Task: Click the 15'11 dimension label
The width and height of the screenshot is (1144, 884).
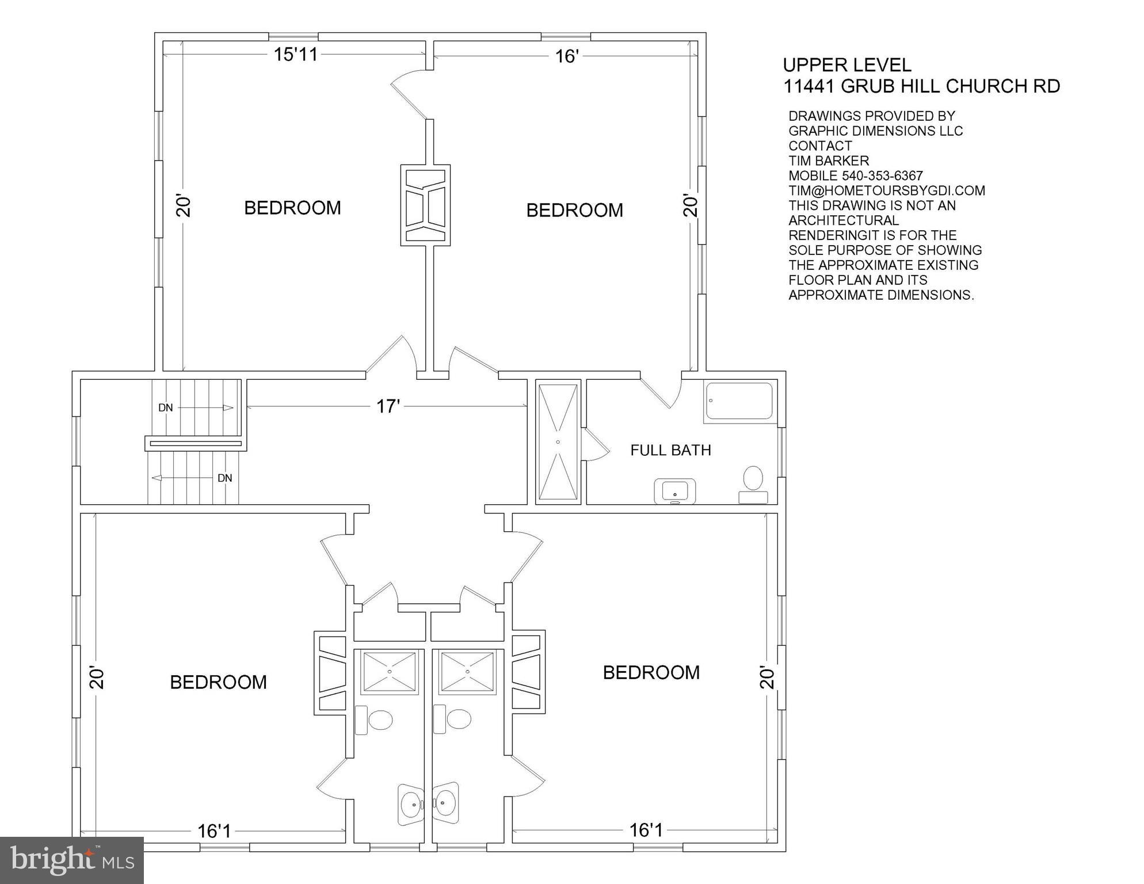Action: (x=296, y=55)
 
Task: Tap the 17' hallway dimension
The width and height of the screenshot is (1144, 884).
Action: (x=388, y=407)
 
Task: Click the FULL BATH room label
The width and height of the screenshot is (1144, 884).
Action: (x=670, y=450)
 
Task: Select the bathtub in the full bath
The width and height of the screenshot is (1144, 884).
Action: (x=739, y=401)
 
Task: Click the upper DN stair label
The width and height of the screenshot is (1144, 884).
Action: (x=166, y=408)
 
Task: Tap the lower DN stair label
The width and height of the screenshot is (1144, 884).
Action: (x=224, y=478)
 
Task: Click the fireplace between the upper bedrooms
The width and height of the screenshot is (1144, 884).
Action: (x=425, y=205)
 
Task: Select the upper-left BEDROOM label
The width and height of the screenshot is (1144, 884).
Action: (x=292, y=208)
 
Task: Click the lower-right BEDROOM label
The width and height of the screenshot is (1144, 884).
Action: (x=651, y=672)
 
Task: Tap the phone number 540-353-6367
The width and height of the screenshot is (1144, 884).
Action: (x=882, y=176)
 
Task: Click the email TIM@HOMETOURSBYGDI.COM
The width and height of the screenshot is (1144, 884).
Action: (x=886, y=190)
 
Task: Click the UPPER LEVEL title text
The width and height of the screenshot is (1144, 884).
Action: (x=847, y=64)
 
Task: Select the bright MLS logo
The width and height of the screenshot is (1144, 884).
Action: (x=72, y=860)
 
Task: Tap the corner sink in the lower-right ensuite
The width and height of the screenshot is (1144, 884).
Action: (x=446, y=800)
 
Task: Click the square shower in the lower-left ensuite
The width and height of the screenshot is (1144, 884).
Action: (x=389, y=672)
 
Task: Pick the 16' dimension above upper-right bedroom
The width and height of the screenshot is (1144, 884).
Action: (x=566, y=56)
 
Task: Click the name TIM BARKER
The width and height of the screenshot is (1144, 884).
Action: (x=828, y=161)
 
